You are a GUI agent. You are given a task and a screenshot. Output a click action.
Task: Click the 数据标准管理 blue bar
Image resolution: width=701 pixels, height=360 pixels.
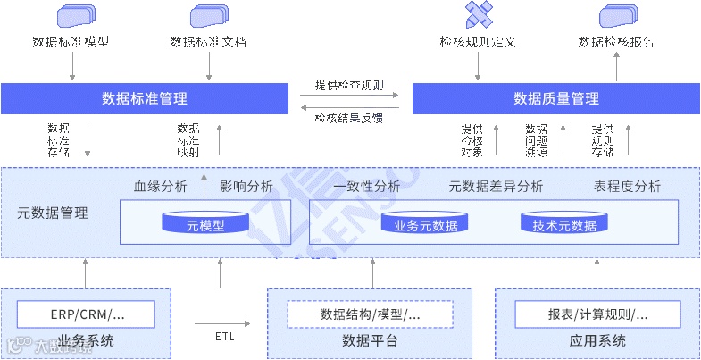145,97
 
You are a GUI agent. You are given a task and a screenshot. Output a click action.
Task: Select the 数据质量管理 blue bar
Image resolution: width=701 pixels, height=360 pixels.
555,97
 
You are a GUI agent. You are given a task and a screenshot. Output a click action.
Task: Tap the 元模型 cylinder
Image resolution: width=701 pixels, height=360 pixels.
205,224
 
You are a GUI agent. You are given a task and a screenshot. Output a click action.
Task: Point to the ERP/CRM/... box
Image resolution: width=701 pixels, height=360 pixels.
87,314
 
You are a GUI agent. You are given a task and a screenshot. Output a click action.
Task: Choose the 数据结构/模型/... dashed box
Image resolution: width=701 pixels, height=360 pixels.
370,314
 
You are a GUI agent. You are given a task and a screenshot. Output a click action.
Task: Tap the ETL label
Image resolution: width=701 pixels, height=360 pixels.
225,337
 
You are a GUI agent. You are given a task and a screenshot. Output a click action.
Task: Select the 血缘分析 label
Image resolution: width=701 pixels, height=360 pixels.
160,187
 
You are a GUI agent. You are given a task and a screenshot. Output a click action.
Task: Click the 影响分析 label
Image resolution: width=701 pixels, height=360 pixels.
246,187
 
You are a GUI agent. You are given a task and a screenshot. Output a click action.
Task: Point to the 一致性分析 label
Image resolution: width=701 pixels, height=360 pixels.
366,187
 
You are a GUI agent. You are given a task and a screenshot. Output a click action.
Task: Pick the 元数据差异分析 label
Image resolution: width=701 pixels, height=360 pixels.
496,187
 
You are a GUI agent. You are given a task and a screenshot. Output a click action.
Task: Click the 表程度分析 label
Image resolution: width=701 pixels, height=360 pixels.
627,187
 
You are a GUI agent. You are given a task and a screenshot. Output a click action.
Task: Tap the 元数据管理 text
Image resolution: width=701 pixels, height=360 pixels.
53,213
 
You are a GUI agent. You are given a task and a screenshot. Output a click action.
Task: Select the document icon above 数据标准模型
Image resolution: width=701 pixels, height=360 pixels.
76,15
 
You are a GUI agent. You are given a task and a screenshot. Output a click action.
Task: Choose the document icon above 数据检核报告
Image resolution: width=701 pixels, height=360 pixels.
618,15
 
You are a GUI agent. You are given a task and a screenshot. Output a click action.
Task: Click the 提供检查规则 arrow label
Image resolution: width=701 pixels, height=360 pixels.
349,86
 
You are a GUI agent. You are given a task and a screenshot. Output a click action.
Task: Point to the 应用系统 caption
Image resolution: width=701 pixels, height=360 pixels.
597,341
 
